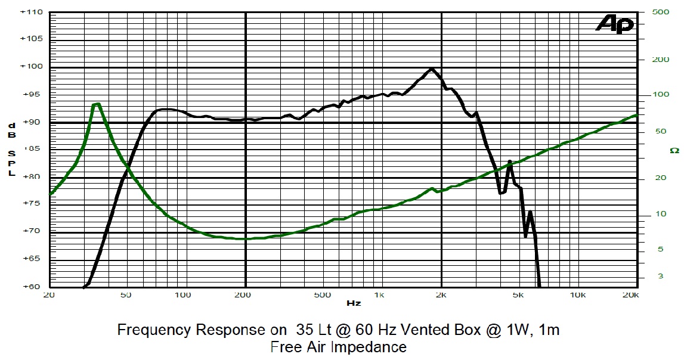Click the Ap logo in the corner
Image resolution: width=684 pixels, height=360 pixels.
point(615,24)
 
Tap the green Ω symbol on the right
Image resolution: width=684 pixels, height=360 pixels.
point(674,150)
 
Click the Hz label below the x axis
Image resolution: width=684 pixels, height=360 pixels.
point(353,303)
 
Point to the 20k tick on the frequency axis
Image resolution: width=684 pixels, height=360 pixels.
point(631,295)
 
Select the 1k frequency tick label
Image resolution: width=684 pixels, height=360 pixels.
point(379,295)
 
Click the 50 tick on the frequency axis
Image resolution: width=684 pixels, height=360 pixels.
point(126,295)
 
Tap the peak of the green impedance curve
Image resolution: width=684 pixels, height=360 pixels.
point(96,104)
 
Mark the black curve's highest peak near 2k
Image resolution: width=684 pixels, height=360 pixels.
point(431,69)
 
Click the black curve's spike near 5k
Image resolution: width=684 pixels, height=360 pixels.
point(510,161)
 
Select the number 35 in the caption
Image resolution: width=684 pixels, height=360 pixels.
point(296,330)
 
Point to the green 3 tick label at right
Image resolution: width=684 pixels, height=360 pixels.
point(660,276)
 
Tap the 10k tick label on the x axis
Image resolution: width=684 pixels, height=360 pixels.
point(577,295)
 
